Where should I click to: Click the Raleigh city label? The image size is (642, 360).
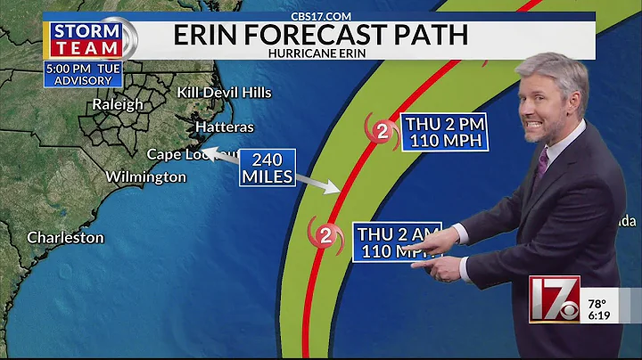[118, 104]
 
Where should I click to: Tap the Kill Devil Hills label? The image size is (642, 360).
[224, 93]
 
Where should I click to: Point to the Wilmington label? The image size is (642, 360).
[145, 176]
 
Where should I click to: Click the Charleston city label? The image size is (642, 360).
[65, 238]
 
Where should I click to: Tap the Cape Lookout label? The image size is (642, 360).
[192, 154]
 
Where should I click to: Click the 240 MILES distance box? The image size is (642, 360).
[267, 168]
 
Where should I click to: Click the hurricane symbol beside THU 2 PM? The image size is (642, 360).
[382, 133]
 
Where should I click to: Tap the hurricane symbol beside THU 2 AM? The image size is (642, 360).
[325, 236]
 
